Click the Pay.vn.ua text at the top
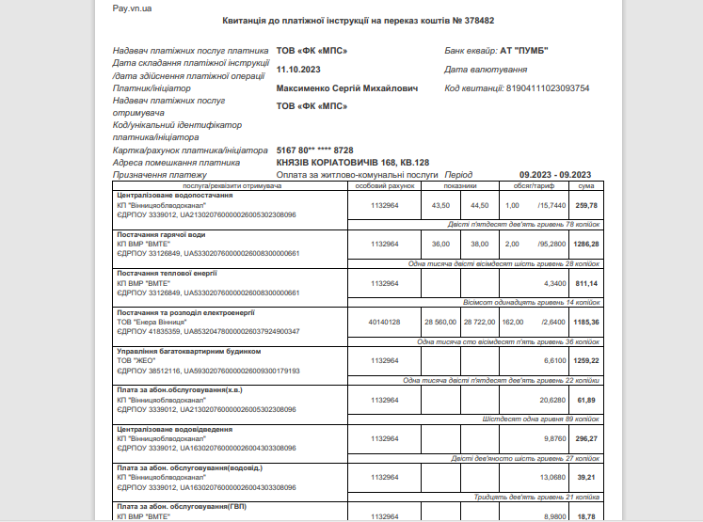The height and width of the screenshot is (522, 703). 132,8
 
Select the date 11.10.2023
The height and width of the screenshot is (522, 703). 300,69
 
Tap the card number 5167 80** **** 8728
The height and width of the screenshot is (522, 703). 314,150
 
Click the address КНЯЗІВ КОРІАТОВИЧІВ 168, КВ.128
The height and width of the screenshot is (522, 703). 352,162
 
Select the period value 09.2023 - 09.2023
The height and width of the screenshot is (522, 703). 555,174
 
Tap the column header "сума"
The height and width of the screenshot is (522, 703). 585,186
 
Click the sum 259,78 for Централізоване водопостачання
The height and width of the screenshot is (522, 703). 586,205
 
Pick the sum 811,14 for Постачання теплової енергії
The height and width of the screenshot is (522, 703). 586,282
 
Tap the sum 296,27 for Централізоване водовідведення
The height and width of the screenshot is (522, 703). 586,438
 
